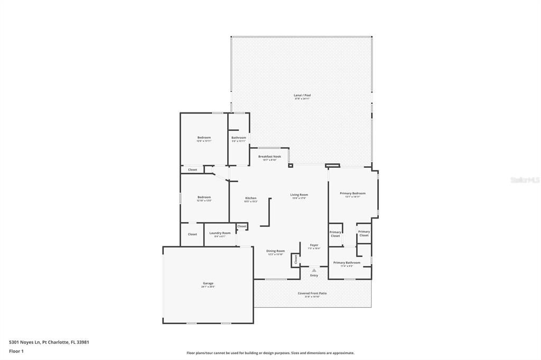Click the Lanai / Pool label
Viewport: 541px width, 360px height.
click(302, 96)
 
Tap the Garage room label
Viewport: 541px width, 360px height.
click(208, 283)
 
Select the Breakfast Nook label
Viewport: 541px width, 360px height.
click(269, 157)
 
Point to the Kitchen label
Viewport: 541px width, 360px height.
click(250, 198)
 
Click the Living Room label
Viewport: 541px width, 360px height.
click(299, 195)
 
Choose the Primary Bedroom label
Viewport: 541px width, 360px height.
click(352, 194)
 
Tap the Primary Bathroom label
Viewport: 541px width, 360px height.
click(347, 263)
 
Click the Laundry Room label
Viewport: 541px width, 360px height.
click(220, 233)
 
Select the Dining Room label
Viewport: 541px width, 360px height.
click(275, 251)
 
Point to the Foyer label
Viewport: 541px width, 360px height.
click(314, 245)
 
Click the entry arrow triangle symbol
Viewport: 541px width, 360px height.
click(314, 270)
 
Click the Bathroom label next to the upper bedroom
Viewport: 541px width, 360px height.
click(239, 138)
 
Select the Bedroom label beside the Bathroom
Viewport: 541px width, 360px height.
click(204, 138)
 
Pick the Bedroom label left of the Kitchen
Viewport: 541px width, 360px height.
click(204, 197)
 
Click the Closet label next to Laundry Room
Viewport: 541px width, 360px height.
click(192, 234)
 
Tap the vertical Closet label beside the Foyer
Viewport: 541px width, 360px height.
click(296, 259)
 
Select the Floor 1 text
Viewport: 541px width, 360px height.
click(16, 350)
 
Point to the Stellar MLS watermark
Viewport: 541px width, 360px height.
click(525, 180)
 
